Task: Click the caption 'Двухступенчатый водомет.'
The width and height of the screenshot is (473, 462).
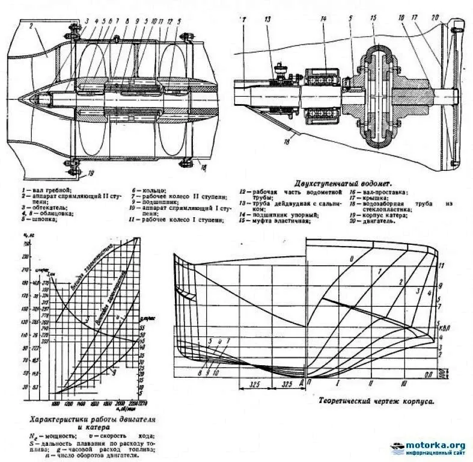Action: tap(343, 182)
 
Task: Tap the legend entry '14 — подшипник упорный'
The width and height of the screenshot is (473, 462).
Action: tap(278, 214)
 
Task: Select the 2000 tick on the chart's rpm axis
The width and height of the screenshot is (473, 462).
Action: tap(120, 402)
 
